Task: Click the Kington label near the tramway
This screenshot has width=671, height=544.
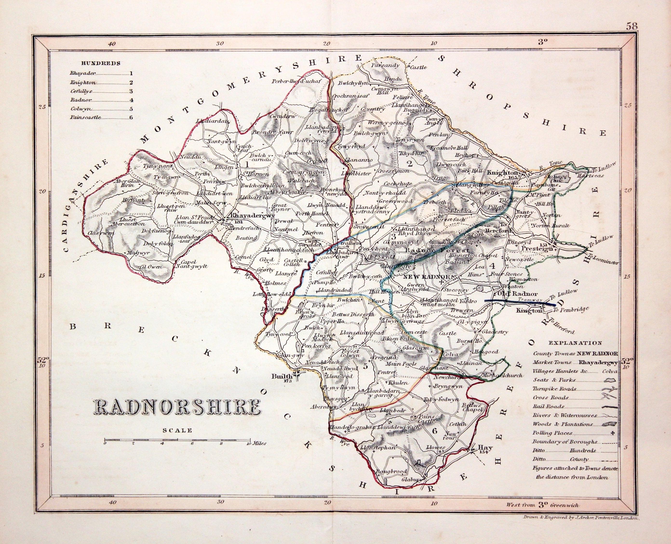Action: [x=529, y=311]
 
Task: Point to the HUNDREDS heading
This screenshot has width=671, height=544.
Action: [x=101, y=63]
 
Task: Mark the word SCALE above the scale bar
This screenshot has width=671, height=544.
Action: [x=177, y=431]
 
